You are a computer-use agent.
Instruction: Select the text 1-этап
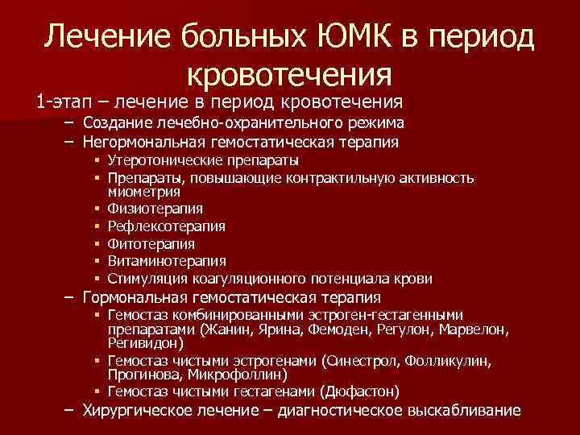pyautogui.click(x=63, y=102)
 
